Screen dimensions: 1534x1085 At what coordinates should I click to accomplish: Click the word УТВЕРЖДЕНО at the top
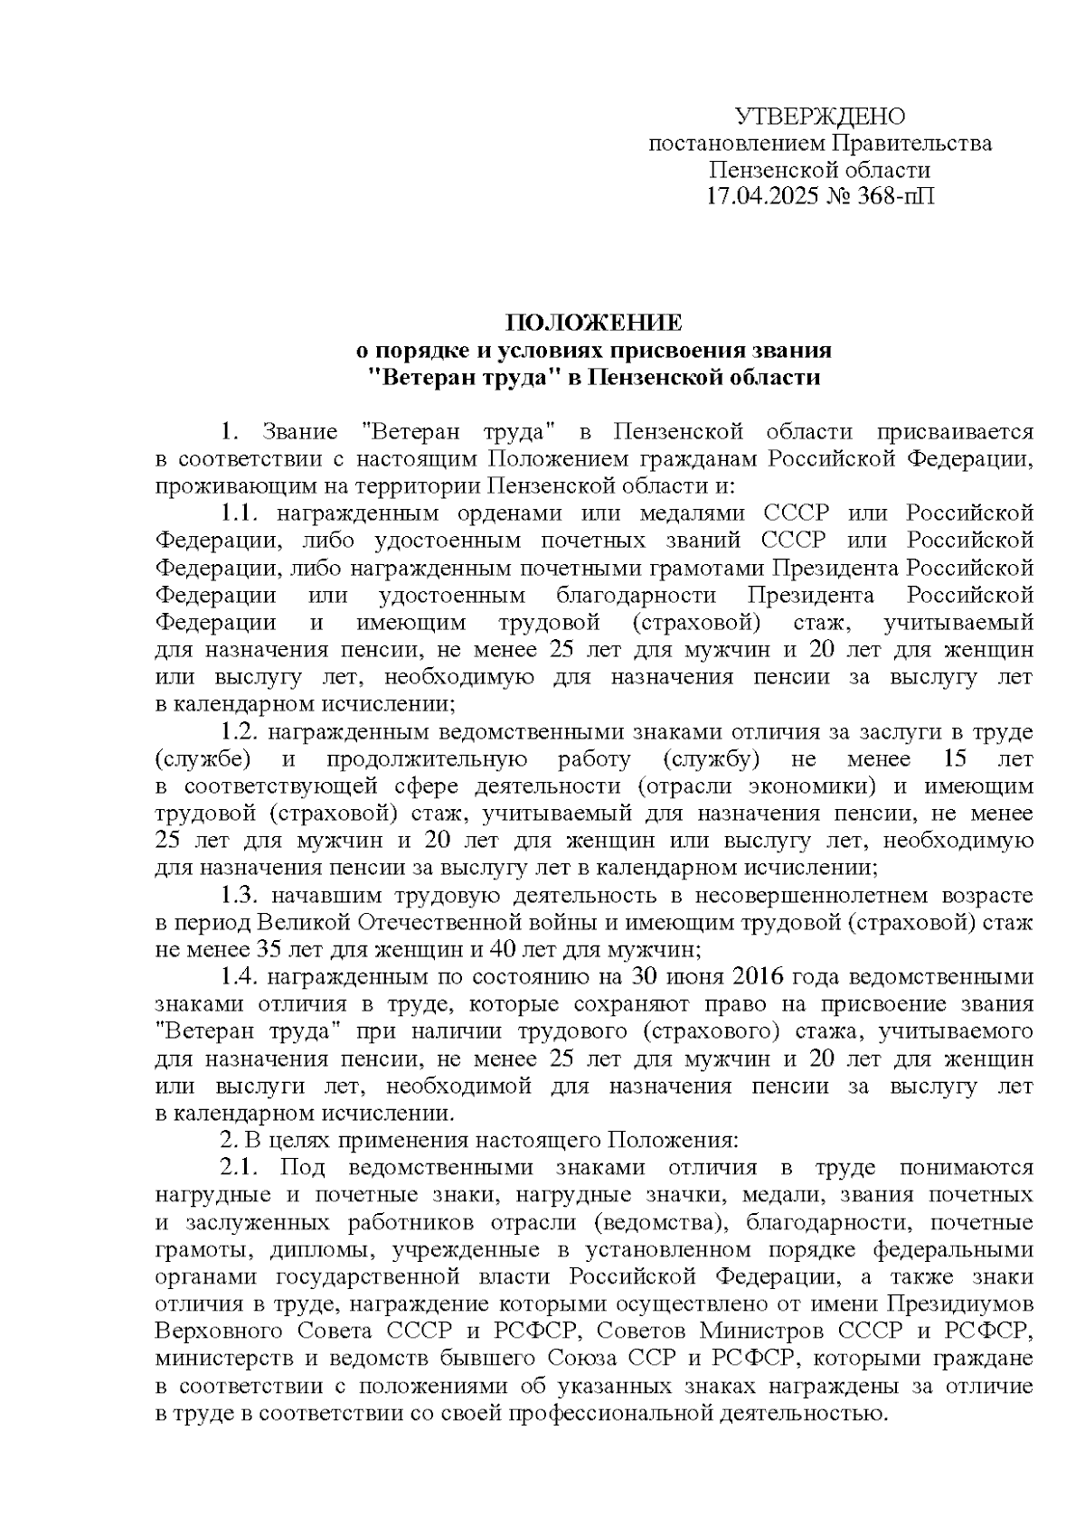[819, 117]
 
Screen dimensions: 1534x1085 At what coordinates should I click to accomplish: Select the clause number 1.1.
[240, 513]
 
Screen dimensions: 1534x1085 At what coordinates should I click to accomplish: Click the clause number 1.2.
[241, 731]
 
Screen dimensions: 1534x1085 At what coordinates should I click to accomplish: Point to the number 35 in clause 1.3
[271, 950]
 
